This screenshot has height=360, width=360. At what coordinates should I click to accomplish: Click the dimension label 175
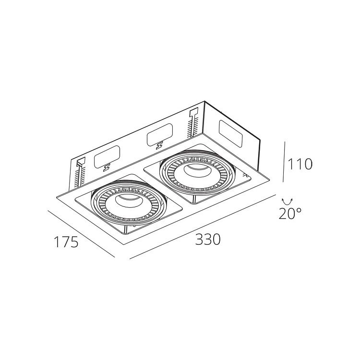[66, 242]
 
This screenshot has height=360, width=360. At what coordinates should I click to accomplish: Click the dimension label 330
[208, 239]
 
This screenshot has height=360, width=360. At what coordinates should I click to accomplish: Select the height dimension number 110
[300, 164]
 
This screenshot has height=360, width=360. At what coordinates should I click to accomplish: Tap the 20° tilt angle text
[290, 213]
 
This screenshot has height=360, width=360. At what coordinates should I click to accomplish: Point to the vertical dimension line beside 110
[284, 162]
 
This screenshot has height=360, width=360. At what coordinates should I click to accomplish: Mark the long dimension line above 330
[203, 227]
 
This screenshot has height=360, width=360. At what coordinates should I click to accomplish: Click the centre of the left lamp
[128, 201]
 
